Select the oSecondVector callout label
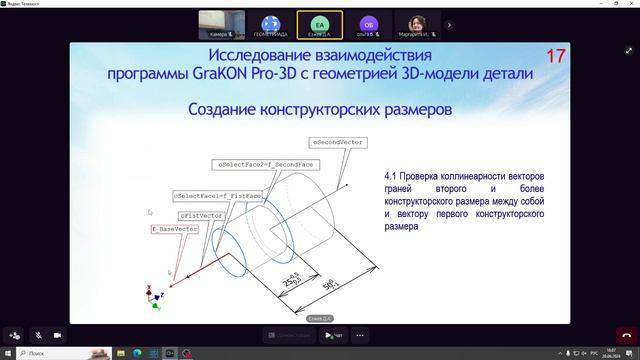(x=337, y=143)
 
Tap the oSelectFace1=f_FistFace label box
(x=218, y=196)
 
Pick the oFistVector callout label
(x=201, y=215)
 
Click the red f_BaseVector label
(x=175, y=229)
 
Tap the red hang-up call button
(x=626, y=336)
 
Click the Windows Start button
(x=9, y=353)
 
